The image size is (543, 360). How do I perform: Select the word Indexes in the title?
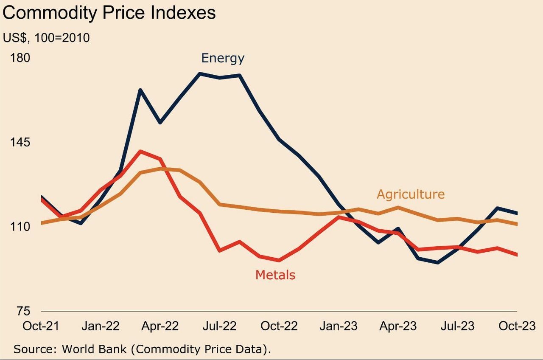point(183,13)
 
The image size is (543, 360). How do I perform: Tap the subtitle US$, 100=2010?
point(46,38)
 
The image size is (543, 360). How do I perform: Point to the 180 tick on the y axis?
point(20,58)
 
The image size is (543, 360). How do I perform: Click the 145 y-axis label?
point(20,142)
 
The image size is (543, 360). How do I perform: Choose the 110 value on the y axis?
point(20,227)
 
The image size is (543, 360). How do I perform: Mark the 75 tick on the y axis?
point(23,311)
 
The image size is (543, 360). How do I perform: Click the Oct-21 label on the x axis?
point(41,326)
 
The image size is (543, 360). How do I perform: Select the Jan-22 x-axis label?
point(100,326)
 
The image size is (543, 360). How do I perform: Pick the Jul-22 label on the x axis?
point(219,326)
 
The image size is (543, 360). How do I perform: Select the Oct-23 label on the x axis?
point(516,326)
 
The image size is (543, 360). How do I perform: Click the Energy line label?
point(223,58)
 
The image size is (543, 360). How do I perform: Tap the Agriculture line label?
point(411,194)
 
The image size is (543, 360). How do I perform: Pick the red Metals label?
point(275,275)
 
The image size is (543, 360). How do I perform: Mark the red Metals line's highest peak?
point(140,151)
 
